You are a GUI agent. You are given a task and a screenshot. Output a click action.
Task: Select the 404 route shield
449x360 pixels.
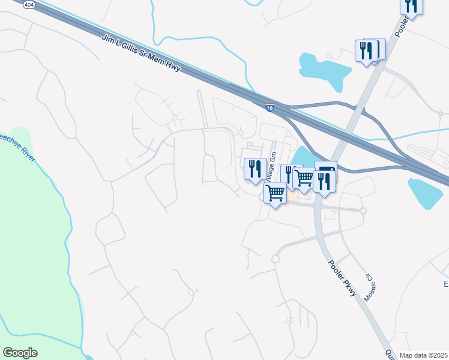pos(29,4)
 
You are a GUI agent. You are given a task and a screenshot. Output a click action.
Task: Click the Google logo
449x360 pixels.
pos(20,353)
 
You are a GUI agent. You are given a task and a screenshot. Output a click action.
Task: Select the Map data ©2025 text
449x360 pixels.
pos(423,355)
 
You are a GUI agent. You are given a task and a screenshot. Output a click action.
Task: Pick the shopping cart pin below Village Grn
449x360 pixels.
pos(275,193)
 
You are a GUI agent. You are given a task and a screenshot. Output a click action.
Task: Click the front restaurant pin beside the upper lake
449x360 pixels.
pos(366,51)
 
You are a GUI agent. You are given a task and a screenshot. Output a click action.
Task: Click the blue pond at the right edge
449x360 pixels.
pos(427,192)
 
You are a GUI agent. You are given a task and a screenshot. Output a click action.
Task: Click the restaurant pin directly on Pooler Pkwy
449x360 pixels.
pos(324,182)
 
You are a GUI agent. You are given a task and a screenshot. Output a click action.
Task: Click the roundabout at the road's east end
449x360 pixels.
pos(363,211)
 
